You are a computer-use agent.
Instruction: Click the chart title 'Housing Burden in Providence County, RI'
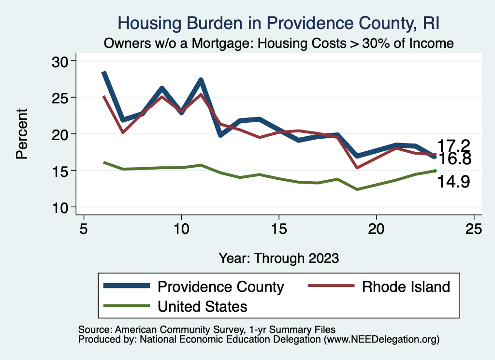(x=279, y=23)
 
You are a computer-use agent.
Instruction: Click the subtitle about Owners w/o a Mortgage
(x=279, y=43)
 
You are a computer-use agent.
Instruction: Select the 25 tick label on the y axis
(x=61, y=98)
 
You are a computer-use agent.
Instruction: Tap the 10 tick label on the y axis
(x=61, y=207)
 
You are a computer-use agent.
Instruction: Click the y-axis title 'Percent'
(x=21, y=134)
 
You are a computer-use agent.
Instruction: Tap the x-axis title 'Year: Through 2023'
(x=279, y=258)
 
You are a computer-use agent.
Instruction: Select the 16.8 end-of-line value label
(x=453, y=159)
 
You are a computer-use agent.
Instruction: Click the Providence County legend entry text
(x=221, y=287)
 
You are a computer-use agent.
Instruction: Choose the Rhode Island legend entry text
(x=406, y=287)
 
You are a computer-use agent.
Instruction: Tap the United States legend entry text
(x=203, y=306)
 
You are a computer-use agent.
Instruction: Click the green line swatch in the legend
(x=126, y=306)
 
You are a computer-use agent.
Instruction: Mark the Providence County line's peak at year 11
(x=201, y=80)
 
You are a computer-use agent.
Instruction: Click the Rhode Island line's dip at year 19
(x=357, y=167)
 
